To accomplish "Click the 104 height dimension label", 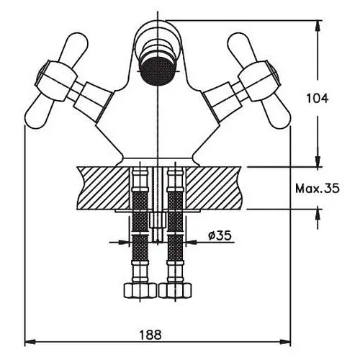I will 317,99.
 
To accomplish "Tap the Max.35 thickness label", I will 317,189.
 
